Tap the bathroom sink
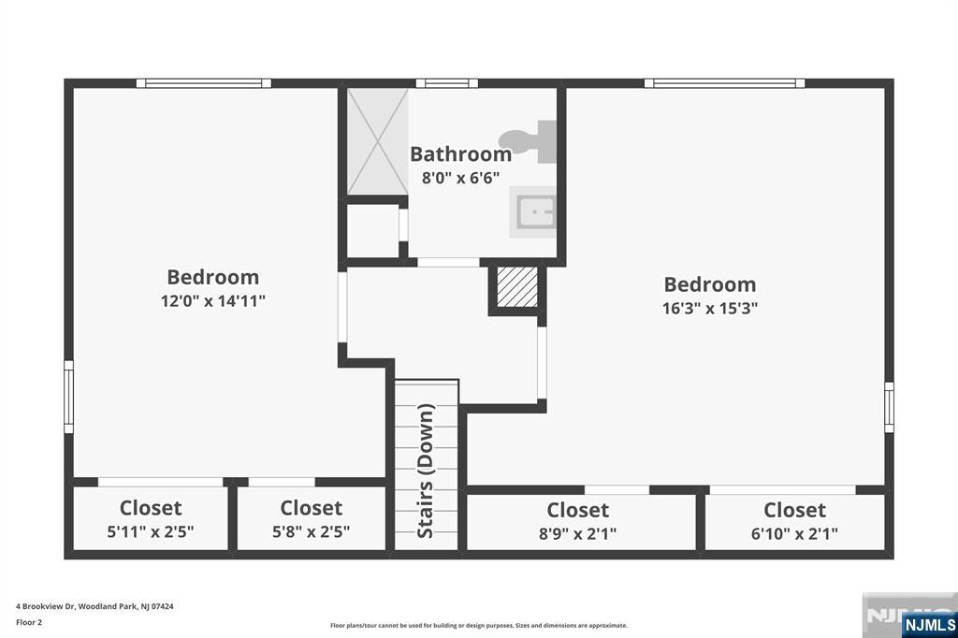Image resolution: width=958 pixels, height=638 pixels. pos(532,212)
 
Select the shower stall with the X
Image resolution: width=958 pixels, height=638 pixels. pos(377,141)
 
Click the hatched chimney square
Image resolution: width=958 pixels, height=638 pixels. pos(516,286)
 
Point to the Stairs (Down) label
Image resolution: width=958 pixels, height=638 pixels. pos(426,471)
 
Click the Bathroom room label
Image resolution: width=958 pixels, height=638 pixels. pos(460,154)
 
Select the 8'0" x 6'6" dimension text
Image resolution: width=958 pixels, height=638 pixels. pos(460,178)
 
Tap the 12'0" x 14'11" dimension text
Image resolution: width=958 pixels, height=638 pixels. pos(213,300)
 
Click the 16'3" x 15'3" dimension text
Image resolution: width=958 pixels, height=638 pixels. pos(710,308)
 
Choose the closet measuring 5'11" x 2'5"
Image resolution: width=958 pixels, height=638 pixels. pos(151,518)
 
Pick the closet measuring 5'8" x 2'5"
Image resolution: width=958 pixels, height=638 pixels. pos(311,518)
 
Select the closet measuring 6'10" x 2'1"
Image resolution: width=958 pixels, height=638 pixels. pos(795,521)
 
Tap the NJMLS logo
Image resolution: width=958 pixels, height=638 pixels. pos(929,624)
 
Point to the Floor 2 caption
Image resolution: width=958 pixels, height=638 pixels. pos(29,623)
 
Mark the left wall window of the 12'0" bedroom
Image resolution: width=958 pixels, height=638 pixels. pos(68,397)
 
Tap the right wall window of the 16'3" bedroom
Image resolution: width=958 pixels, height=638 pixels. pos(889,407)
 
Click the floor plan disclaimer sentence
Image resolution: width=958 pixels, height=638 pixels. pos(479,625)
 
